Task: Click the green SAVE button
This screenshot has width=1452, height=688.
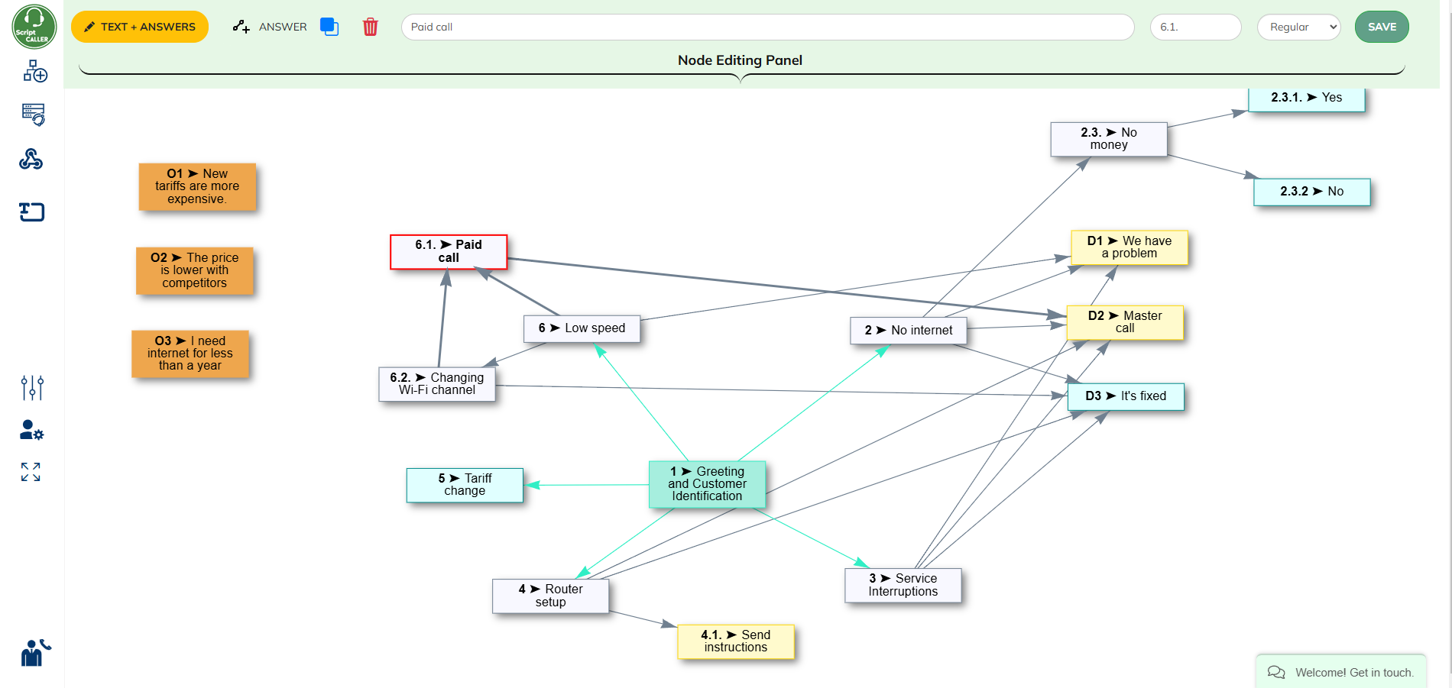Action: tap(1381, 27)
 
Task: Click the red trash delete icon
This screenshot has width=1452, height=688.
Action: tap(370, 27)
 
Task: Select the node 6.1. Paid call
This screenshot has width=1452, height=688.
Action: tap(449, 251)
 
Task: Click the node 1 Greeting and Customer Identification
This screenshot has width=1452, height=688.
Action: tap(707, 484)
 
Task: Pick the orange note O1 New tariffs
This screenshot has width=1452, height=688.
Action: tap(197, 186)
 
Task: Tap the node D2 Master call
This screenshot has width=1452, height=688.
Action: tap(1124, 322)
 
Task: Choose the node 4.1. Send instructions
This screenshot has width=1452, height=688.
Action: tap(735, 641)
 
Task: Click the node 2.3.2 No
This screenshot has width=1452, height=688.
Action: tap(1311, 192)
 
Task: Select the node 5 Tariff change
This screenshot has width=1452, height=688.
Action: tap(465, 485)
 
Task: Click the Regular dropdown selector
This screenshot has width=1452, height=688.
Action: tap(1298, 27)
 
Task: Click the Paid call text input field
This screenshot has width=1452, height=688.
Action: tap(767, 27)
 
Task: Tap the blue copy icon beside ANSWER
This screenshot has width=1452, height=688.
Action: tap(329, 27)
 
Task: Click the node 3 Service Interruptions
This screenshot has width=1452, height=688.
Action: tap(903, 585)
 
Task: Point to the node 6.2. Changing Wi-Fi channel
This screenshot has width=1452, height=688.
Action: tap(437, 384)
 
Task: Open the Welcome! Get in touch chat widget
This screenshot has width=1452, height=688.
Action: tap(1342, 672)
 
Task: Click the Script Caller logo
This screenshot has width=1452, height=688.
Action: tap(34, 27)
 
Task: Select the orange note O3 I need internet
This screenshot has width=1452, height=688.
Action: tap(190, 354)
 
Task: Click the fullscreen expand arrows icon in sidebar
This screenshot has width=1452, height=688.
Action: tap(31, 472)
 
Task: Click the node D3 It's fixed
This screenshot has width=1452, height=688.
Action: tap(1125, 396)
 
